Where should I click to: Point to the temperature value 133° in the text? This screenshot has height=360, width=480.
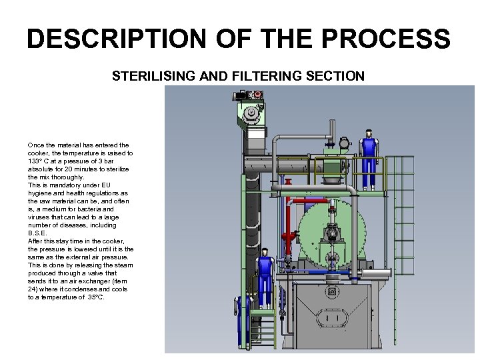click(x=35, y=161)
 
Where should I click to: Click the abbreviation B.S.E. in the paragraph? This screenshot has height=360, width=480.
click(x=37, y=233)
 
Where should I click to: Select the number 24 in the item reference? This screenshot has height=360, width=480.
click(x=32, y=289)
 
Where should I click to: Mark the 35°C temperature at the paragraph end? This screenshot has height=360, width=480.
click(x=95, y=297)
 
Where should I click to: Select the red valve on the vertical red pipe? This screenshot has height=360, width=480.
click(x=288, y=237)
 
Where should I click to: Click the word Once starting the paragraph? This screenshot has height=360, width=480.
click(x=35, y=145)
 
